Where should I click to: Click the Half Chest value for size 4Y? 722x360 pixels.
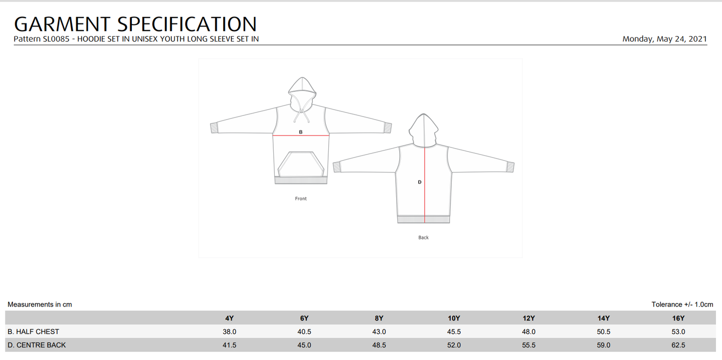pyautogui.click(x=229, y=331)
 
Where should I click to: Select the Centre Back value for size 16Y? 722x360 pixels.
pyautogui.click(x=678, y=345)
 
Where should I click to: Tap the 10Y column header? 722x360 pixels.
pyautogui.click(x=454, y=318)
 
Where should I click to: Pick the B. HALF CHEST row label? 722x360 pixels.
pyautogui.click(x=33, y=331)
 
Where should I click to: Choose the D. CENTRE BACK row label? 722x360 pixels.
pyautogui.click(x=36, y=345)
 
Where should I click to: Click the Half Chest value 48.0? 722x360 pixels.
pyautogui.click(x=529, y=331)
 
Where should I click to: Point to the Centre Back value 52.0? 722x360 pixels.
pyautogui.click(x=454, y=345)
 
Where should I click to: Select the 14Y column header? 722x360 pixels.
pyautogui.click(x=604, y=318)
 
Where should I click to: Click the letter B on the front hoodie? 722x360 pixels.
pyautogui.click(x=301, y=132)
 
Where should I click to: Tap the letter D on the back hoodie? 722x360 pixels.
pyautogui.click(x=420, y=182)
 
